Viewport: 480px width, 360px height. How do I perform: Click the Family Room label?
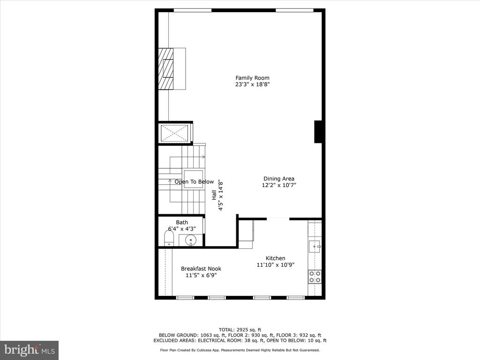252,78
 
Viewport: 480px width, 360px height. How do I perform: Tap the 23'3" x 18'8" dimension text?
252,84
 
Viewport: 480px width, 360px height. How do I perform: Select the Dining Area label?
279,179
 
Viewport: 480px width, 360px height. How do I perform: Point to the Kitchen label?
276,258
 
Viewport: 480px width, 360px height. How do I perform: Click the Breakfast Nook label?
201,269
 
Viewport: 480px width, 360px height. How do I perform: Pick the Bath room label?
182,222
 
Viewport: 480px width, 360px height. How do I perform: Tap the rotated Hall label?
214,195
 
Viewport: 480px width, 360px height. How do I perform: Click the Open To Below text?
194,181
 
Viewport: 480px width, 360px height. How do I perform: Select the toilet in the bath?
169,239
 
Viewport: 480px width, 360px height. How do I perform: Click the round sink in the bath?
191,240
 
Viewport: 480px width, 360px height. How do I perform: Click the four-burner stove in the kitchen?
315,277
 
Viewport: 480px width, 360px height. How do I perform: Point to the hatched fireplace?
166,69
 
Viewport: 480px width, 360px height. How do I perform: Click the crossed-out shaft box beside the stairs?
174,133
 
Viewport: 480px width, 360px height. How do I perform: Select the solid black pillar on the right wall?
318,132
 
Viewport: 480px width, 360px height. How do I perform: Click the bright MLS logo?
30,350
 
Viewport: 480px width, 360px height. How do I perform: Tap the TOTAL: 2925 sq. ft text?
240,330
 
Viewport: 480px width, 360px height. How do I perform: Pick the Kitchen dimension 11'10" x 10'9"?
276,265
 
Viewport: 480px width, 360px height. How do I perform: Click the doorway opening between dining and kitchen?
278,219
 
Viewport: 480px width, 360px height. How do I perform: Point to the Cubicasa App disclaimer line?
240,350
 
